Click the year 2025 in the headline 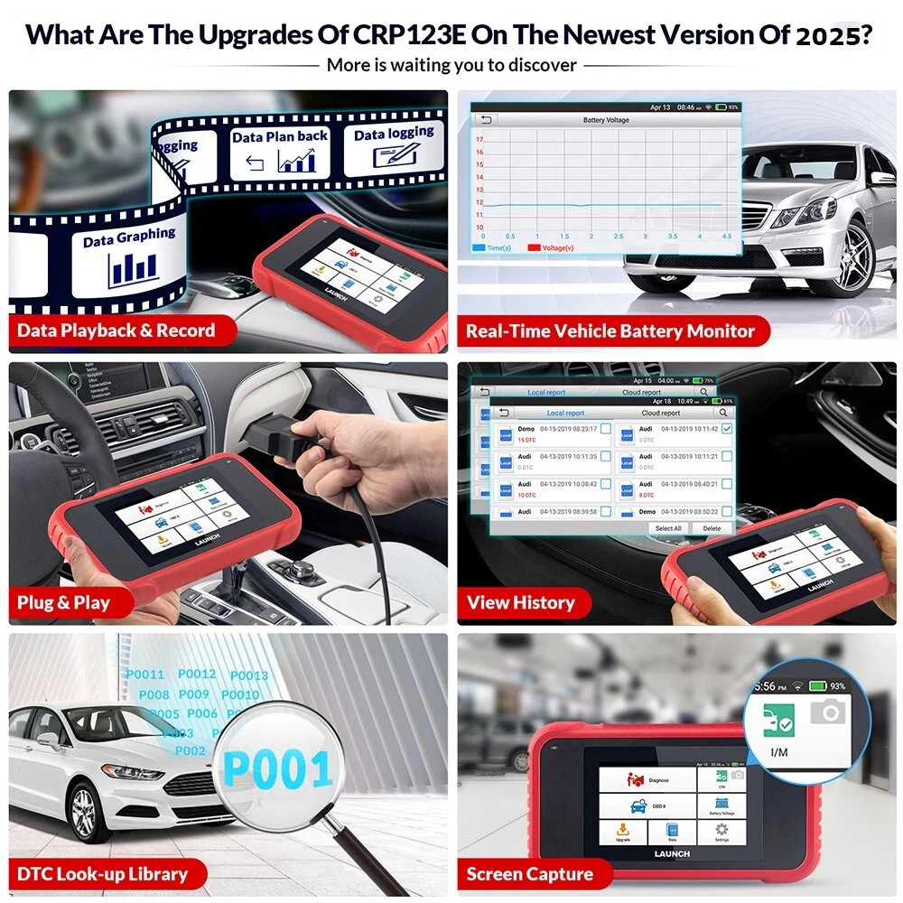click(x=833, y=37)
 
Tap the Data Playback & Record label click(x=116, y=330)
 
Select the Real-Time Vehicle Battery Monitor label click(x=610, y=331)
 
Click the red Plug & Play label click(x=63, y=602)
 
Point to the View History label click(x=520, y=602)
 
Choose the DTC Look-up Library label click(x=102, y=873)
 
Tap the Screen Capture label click(x=529, y=873)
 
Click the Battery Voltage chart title click(x=606, y=120)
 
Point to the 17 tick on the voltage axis click(x=479, y=140)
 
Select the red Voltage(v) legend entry click(x=560, y=247)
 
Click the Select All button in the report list click(x=668, y=528)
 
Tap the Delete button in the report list click(x=712, y=528)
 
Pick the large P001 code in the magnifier click(x=278, y=768)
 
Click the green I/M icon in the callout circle click(x=777, y=721)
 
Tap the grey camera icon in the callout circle click(x=828, y=712)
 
